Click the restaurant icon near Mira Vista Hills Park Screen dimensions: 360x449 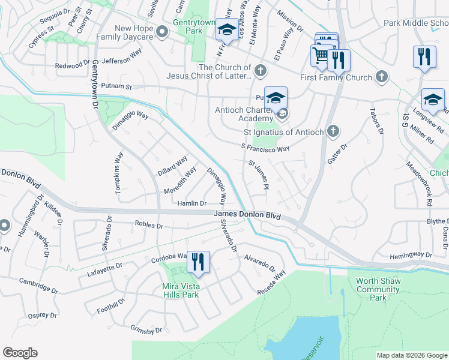[x=198, y=262]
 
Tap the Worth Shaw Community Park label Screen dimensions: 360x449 [x=378, y=289]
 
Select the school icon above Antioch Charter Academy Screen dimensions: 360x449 [x=276, y=98]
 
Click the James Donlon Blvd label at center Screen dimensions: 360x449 [x=247, y=215]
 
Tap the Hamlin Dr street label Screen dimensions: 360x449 [x=191, y=204]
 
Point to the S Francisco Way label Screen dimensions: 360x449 [x=265, y=148]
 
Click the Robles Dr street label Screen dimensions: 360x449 [x=149, y=226]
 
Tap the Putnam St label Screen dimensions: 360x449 [x=116, y=86]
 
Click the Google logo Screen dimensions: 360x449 [x=20, y=353]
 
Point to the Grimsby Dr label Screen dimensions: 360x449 [x=146, y=330]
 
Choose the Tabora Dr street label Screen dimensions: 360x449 [x=376, y=122]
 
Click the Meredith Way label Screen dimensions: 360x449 [x=180, y=181]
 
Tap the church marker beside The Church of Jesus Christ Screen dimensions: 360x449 [x=261, y=70]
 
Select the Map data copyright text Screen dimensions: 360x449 [x=411, y=355]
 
